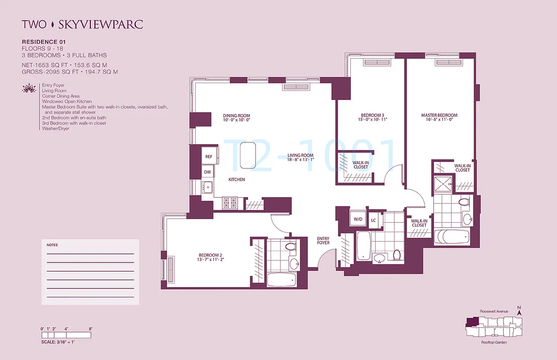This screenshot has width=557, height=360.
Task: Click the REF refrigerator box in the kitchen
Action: tap(208, 157)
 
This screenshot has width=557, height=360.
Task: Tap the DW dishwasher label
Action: tap(208, 172)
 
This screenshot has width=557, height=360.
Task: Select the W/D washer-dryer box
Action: tap(358, 219)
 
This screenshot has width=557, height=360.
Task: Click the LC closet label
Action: tap(373, 220)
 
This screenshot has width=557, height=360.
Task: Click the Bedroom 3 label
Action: tap(371, 117)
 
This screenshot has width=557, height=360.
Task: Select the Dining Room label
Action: tap(236, 118)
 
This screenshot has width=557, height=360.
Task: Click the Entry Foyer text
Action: tap(323, 240)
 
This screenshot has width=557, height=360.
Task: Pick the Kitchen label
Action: tap(236, 180)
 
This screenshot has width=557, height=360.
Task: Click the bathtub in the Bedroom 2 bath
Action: tap(281, 279)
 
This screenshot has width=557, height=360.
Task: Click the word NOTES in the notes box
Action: tap(52, 245)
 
